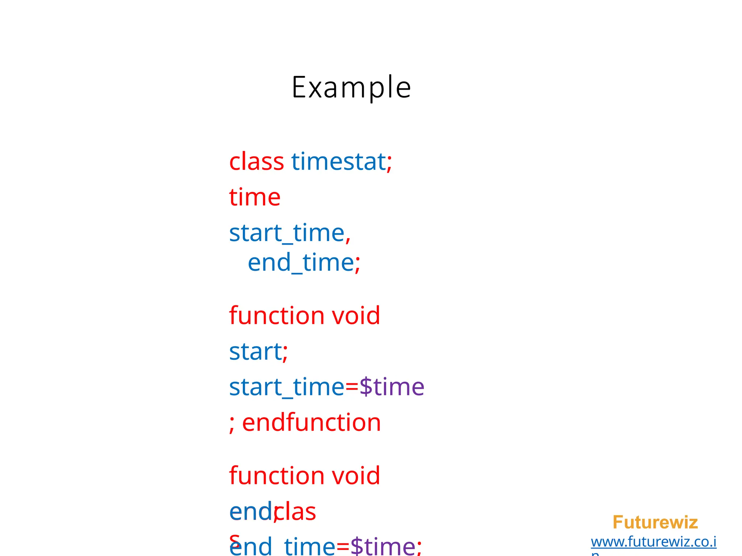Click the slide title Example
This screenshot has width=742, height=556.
tap(351, 87)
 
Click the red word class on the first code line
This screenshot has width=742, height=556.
tap(256, 161)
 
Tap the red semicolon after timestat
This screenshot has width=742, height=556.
tap(389, 163)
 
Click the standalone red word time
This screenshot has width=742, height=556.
tap(255, 197)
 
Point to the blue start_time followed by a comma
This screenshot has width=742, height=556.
tap(287, 233)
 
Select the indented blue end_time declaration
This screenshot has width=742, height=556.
tap(301, 262)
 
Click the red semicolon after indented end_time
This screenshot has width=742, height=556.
tap(358, 264)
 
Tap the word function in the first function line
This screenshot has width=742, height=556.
tap(276, 315)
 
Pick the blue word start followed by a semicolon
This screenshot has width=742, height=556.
tap(255, 351)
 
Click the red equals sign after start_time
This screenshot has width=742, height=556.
tap(351, 387)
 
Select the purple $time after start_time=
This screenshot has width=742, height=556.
tap(392, 387)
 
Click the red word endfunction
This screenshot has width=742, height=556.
tap(311, 422)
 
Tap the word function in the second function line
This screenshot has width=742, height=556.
tap(276, 475)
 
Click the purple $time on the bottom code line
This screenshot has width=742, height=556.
tap(383, 546)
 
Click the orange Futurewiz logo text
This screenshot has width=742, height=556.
tap(655, 522)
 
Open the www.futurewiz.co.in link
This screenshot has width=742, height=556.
tap(653, 542)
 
